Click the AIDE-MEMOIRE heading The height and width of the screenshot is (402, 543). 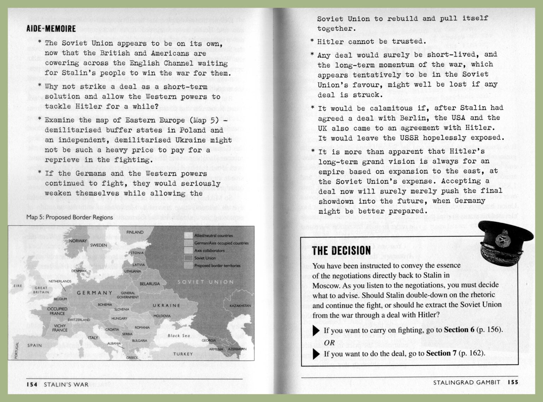(x=51, y=29)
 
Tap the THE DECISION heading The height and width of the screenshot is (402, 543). (x=341, y=251)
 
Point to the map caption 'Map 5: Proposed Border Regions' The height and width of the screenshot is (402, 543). (x=70, y=217)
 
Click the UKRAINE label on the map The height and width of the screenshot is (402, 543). (x=166, y=305)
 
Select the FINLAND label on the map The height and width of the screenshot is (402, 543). (x=135, y=232)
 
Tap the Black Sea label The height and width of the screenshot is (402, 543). (x=179, y=335)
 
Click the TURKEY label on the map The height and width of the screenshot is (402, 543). (x=183, y=354)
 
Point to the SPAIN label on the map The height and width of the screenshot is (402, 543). (x=35, y=345)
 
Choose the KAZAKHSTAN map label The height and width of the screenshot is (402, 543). (x=240, y=306)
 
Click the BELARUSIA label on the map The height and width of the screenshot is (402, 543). (x=150, y=284)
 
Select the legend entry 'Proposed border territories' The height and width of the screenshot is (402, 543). (x=217, y=266)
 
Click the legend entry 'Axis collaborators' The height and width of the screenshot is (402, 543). (x=209, y=251)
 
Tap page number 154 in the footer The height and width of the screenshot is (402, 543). (x=32, y=385)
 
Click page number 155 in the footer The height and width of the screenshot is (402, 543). (x=513, y=382)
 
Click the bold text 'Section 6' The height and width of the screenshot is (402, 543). (x=459, y=330)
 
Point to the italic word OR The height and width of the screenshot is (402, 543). (x=329, y=342)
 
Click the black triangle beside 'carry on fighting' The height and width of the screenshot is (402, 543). (x=316, y=331)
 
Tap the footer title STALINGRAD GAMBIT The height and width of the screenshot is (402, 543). (x=467, y=382)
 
